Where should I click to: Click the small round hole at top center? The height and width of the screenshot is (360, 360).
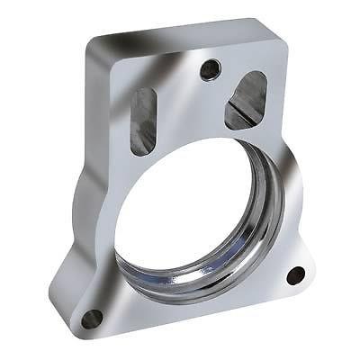pyautogui.click(x=210, y=67)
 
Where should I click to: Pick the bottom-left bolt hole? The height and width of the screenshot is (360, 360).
pyautogui.click(x=91, y=318)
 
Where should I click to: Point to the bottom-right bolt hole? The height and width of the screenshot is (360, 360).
pyautogui.click(x=294, y=274)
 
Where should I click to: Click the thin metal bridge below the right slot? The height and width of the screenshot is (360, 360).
pyautogui.click(x=243, y=135)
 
